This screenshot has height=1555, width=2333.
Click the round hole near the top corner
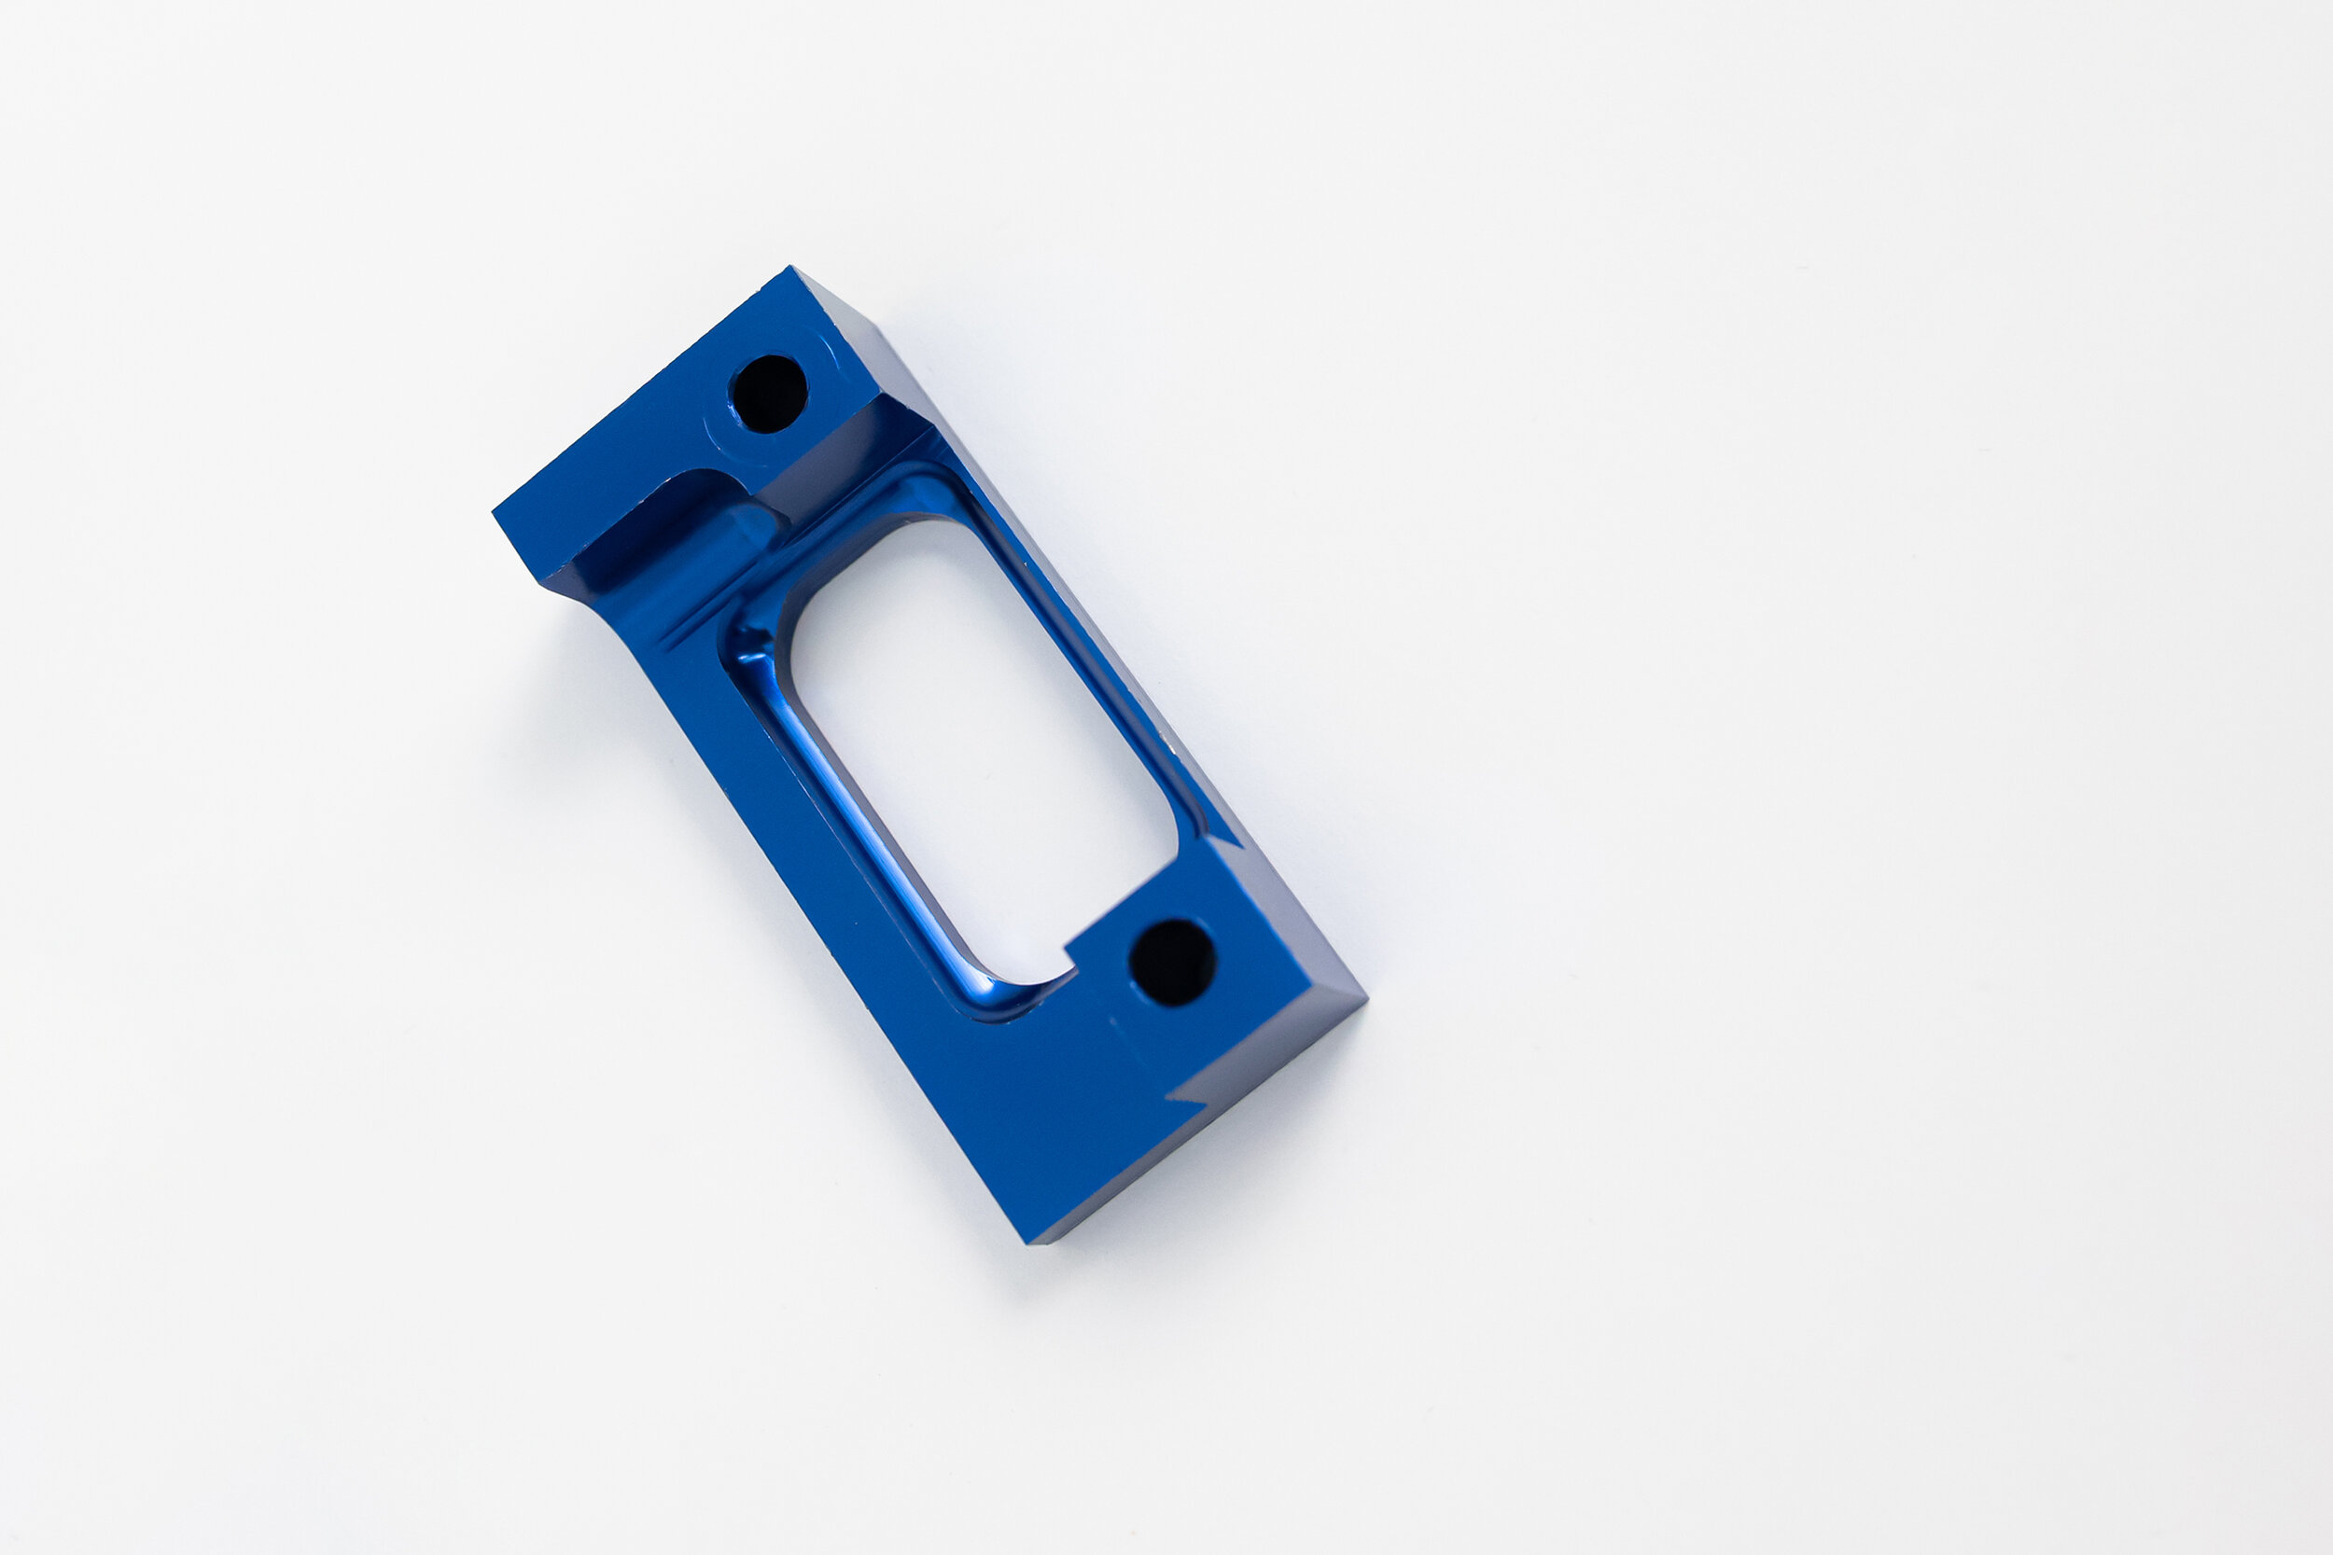click(x=769, y=394)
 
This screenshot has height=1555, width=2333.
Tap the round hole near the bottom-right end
click(x=1172, y=962)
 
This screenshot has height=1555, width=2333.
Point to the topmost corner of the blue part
click(x=790, y=267)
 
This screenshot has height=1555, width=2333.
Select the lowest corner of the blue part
click(x=1031, y=1243)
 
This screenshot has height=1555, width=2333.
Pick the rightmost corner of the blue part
click(x=1366, y=1002)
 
